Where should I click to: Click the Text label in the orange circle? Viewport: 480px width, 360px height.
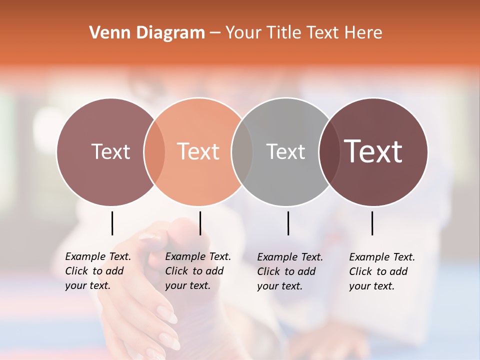coord(198,151)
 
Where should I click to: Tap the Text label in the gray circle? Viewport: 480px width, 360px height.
coord(285,151)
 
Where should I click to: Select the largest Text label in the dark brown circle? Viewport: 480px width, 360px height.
coord(373,151)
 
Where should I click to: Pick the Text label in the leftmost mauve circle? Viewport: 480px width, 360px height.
coord(110,151)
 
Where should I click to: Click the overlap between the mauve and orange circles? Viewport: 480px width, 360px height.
coord(154,151)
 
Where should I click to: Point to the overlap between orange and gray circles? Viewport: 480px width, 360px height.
coord(242,151)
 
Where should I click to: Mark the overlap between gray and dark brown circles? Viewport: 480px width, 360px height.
coord(329,151)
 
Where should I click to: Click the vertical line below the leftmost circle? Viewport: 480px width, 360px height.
coord(112,223)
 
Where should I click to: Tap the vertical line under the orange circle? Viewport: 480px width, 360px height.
coord(200,223)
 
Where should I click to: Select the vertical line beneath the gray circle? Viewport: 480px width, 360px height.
coord(288,223)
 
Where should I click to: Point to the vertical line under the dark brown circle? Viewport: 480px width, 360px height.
coord(372,223)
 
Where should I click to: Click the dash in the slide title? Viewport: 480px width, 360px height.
coord(215,33)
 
